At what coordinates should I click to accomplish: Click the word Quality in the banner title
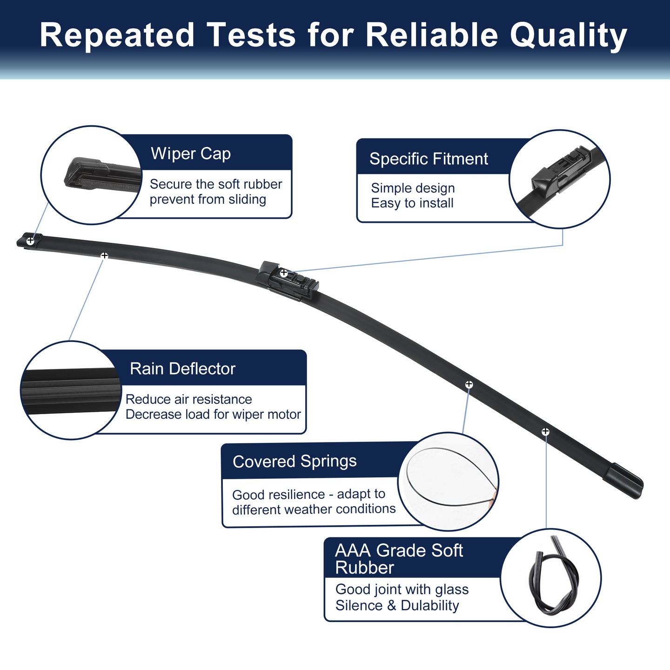point(569,35)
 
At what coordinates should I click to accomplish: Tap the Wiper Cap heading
point(191,154)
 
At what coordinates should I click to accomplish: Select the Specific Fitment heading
point(429,159)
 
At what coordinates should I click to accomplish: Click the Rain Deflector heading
point(182,368)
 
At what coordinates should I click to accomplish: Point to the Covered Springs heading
point(295,462)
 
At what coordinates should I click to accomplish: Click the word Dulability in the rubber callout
point(430,605)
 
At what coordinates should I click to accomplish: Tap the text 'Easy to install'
point(412,203)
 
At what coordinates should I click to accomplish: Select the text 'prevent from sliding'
point(208,200)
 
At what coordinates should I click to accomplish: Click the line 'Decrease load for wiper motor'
point(213,414)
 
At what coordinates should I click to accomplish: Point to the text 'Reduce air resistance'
point(189,399)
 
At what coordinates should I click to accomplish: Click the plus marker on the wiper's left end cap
point(31,240)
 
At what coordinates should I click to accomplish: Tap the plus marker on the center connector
point(284,273)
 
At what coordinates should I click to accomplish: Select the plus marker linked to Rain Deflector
point(104,256)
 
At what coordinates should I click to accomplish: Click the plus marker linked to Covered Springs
point(469,384)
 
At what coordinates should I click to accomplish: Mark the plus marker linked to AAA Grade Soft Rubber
point(545,431)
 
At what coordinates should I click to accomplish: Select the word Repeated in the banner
point(117,35)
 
